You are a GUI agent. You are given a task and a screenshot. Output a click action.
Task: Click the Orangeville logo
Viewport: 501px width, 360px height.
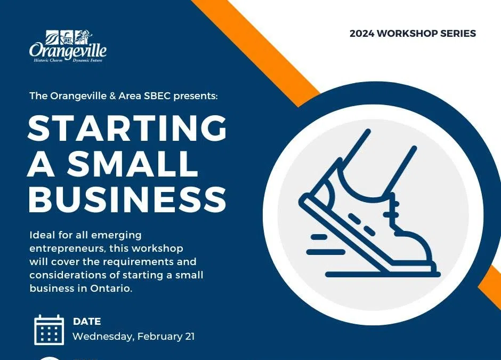coord(68,47)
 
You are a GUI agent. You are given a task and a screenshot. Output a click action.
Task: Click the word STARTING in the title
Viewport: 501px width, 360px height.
coord(127,129)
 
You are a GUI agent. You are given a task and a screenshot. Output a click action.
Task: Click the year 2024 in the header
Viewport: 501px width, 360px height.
coord(362,34)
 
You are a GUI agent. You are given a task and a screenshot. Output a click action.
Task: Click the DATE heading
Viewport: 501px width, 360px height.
coord(87,322)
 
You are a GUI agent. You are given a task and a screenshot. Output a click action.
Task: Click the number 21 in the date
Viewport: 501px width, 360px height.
coord(188,337)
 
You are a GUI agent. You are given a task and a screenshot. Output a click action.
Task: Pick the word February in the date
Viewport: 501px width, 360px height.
coord(158,337)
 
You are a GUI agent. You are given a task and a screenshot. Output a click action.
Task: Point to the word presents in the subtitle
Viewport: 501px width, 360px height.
coord(198,97)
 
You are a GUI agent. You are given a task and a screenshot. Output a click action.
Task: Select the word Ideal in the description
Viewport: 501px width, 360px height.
coord(42,235)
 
